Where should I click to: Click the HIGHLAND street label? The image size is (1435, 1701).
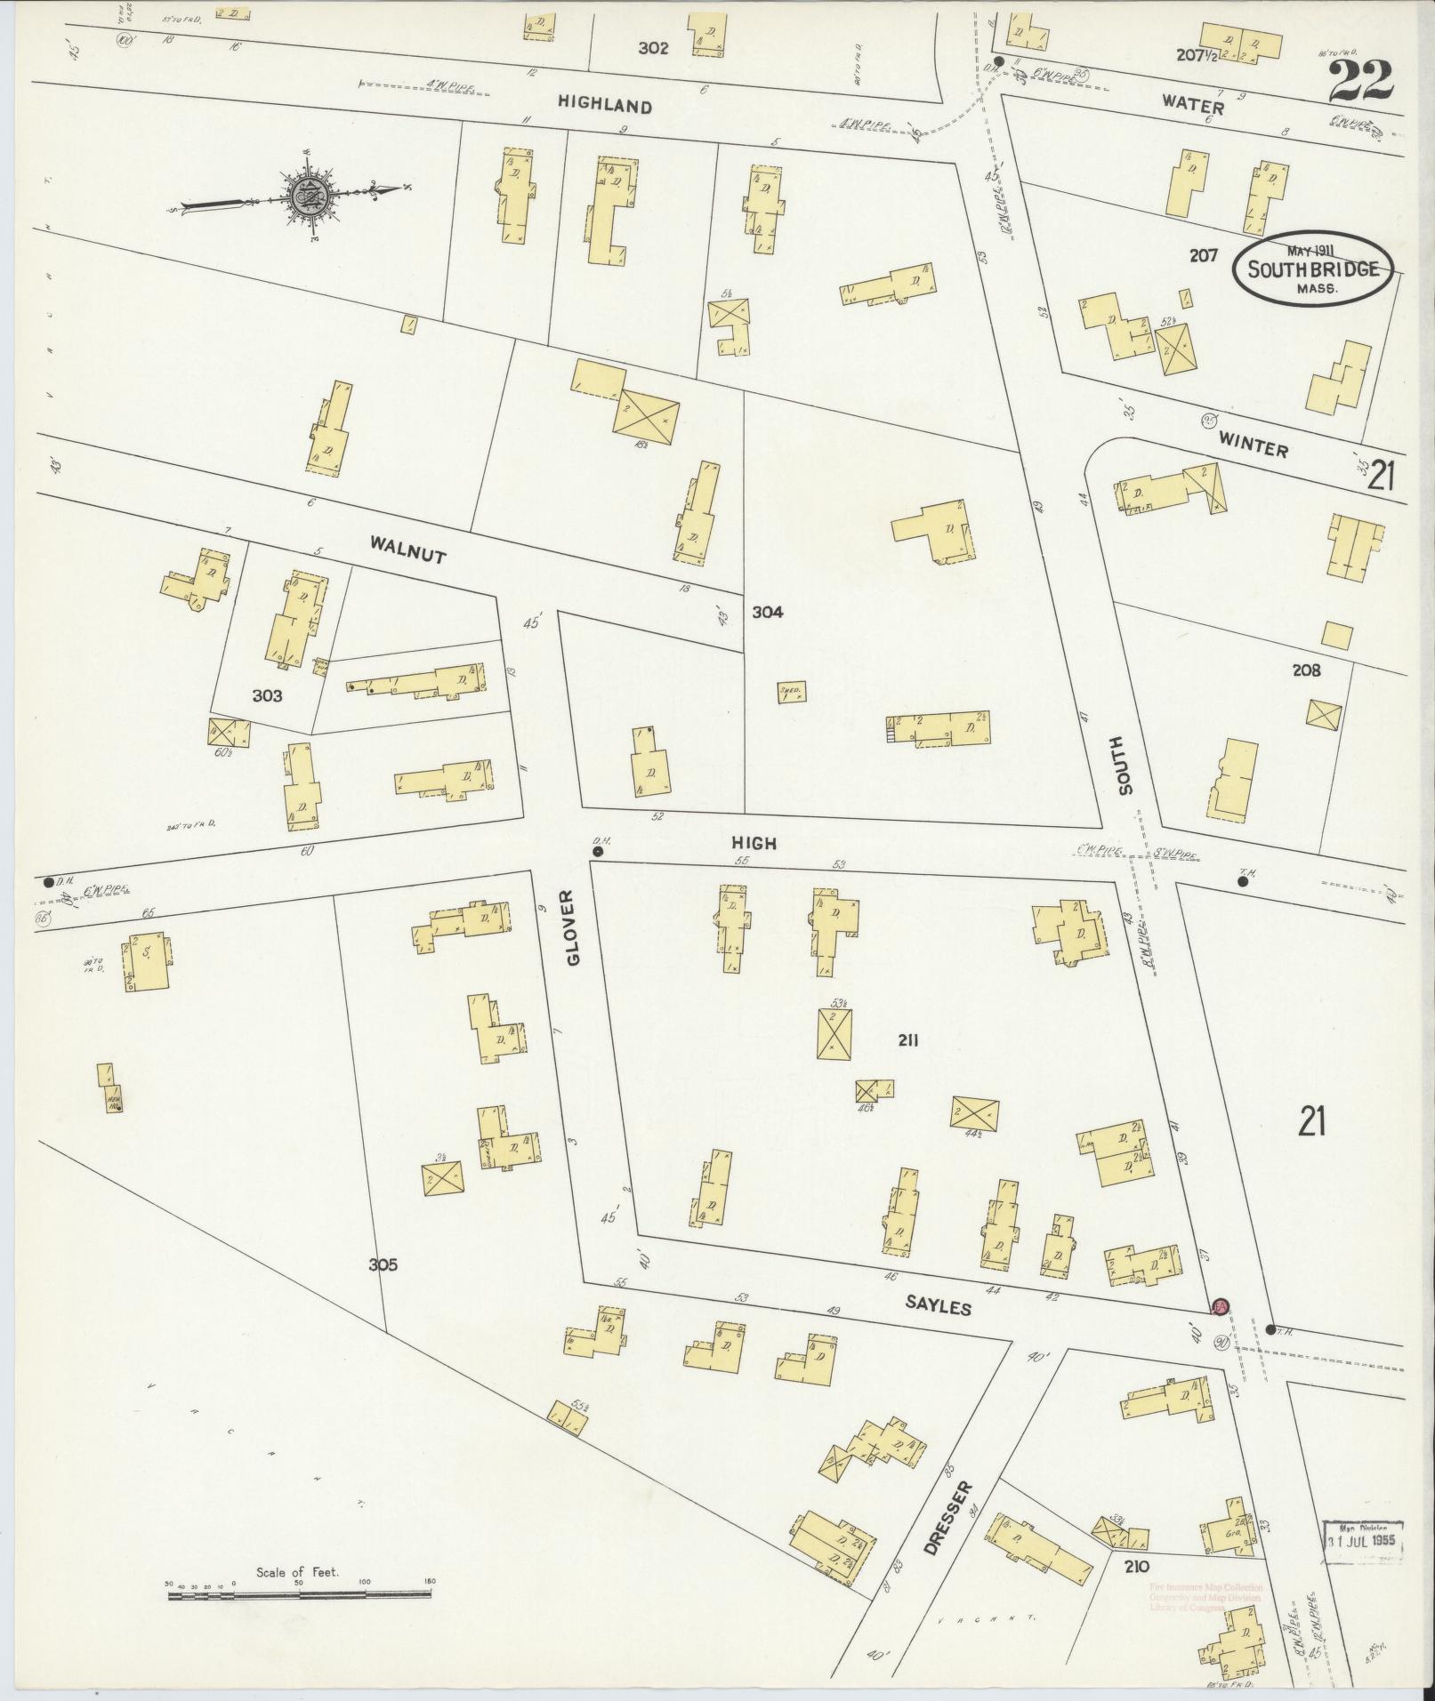coord(604,105)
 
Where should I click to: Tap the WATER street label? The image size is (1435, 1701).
coord(1192,105)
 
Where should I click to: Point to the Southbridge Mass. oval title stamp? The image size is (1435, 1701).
coord(1312,269)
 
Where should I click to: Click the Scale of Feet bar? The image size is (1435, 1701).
coord(300,1594)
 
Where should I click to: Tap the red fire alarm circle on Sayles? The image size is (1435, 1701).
coord(1220,1306)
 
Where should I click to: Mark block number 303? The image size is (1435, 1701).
coord(266,695)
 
